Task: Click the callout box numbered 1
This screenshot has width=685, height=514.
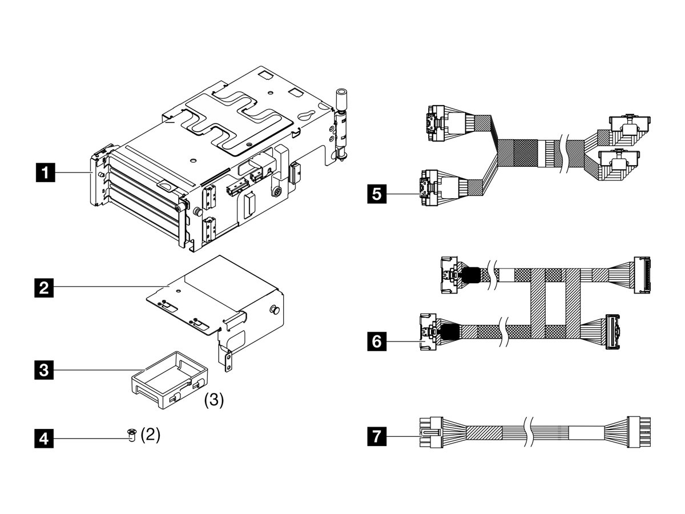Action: pos(45,171)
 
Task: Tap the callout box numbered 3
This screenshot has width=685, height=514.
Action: pos(45,370)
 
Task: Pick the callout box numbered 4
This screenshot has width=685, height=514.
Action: pos(45,439)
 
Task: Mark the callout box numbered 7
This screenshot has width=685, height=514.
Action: pos(376,438)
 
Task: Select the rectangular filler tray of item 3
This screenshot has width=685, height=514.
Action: pos(169,380)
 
